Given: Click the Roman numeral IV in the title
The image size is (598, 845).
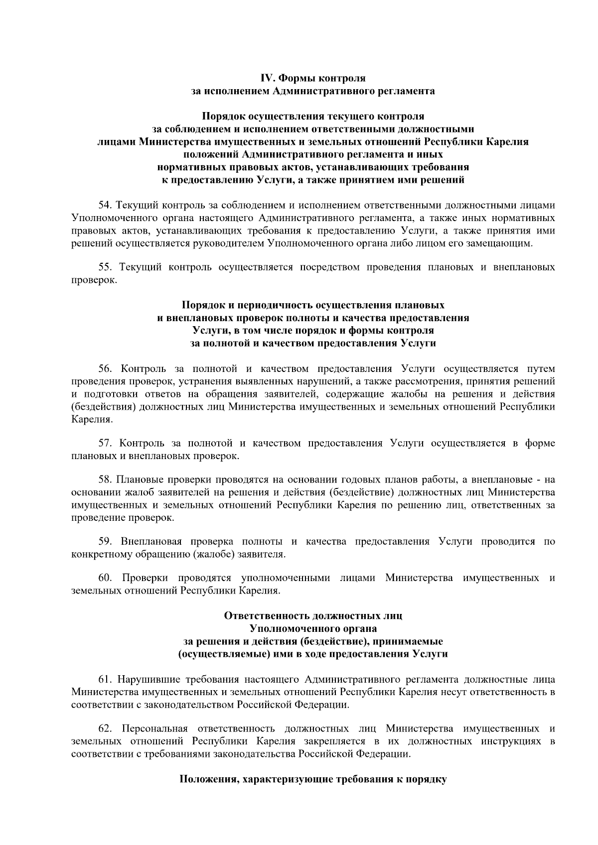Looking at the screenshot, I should click(268, 78).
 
